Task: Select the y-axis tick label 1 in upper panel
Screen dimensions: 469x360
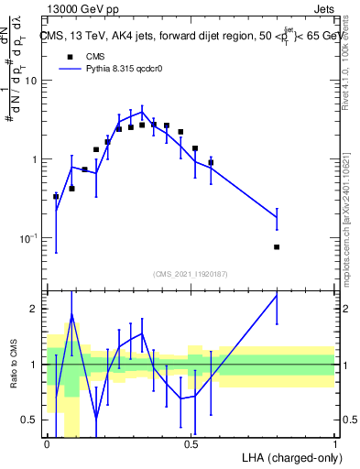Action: point(35,159)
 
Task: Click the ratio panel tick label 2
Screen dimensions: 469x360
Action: point(35,309)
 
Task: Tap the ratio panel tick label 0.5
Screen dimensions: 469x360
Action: point(29,420)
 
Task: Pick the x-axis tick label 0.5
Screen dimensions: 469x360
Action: point(191,444)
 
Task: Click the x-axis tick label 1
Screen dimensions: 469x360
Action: point(335,444)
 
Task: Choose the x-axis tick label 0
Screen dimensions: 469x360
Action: point(47,444)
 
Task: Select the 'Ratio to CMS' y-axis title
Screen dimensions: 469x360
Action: point(12,380)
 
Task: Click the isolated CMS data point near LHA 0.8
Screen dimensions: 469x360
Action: point(277,247)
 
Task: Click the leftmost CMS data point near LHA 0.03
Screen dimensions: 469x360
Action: point(56,196)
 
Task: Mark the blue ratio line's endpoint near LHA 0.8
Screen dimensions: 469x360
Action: point(277,295)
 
